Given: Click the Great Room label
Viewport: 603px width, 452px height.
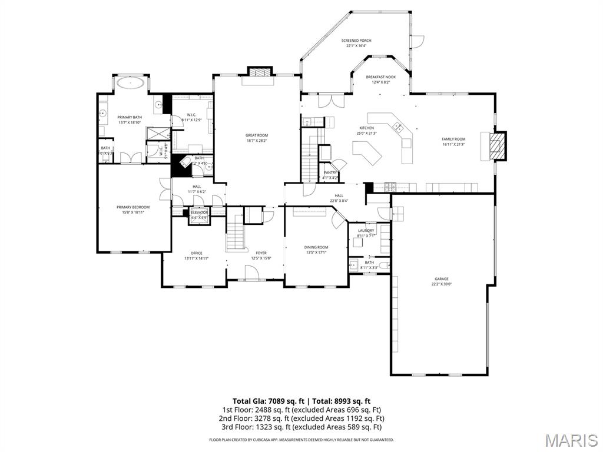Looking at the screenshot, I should (x=257, y=135).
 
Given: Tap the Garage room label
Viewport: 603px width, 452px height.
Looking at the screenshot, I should (x=442, y=279).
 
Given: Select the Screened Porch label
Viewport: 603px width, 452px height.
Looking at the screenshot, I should (x=356, y=41).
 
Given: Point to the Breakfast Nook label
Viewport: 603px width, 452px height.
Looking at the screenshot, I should (x=380, y=77).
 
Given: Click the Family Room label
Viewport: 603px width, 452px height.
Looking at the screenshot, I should (x=453, y=139).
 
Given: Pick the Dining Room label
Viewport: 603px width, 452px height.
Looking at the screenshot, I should (x=316, y=247).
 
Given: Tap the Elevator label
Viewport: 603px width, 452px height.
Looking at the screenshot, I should (x=199, y=212).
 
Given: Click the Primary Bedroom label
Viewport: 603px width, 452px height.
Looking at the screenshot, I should (x=133, y=207).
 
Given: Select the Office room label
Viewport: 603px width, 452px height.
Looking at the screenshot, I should (x=196, y=253).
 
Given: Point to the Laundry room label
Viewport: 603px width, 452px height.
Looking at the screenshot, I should (x=366, y=231).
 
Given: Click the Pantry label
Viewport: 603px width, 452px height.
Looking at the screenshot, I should (x=330, y=172).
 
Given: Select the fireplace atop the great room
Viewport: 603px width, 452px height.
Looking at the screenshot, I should (x=260, y=72).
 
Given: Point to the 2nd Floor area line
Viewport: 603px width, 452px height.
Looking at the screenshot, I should (x=301, y=418).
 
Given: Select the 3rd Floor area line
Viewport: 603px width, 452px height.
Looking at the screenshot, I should (x=301, y=427).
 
